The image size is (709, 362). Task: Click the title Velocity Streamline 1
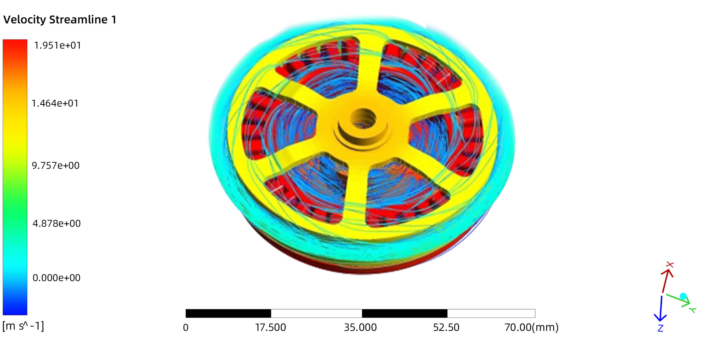point(60,20)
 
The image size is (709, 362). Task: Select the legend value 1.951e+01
point(57,45)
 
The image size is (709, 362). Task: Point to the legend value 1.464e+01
point(55,103)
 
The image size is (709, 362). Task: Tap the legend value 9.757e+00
point(56,165)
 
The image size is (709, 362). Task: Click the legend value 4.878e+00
point(57,223)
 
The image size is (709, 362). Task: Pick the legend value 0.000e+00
point(57,278)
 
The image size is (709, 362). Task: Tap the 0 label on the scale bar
point(186,328)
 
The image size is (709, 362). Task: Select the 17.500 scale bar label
point(271,328)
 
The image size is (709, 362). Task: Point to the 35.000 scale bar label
point(360,328)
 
